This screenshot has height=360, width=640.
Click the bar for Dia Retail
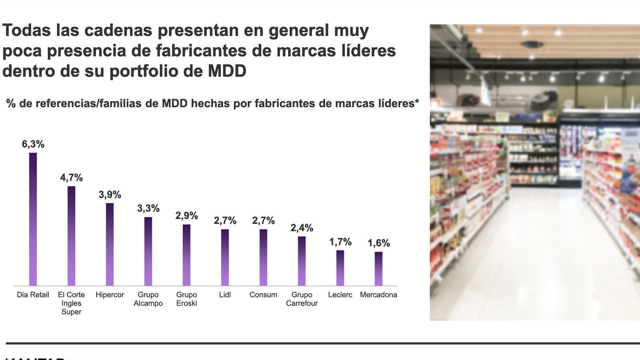(x=33, y=219)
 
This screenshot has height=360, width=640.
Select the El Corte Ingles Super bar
(x=71, y=236)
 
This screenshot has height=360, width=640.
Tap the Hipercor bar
(x=110, y=244)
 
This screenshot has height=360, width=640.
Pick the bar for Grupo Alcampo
(x=148, y=251)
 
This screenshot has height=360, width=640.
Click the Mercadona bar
(x=378, y=268)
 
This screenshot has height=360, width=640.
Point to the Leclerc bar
(x=340, y=268)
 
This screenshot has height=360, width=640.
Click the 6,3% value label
(x=33, y=144)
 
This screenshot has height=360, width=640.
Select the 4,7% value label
(x=71, y=178)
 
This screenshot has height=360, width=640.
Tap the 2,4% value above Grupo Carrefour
(x=302, y=228)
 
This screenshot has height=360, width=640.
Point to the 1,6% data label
(x=378, y=243)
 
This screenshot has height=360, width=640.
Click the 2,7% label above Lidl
(x=225, y=221)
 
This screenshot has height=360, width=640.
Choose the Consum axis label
(x=263, y=295)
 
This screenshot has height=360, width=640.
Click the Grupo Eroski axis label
(x=186, y=299)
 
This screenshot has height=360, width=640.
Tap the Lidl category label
(x=225, y=295)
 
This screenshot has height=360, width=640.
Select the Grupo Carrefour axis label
(x=302, y=299)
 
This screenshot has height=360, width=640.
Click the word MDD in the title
(x=227, y=71)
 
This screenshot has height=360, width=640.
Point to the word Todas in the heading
(x=26, y=30)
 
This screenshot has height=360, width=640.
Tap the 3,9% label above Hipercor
(x=110, y=195)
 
